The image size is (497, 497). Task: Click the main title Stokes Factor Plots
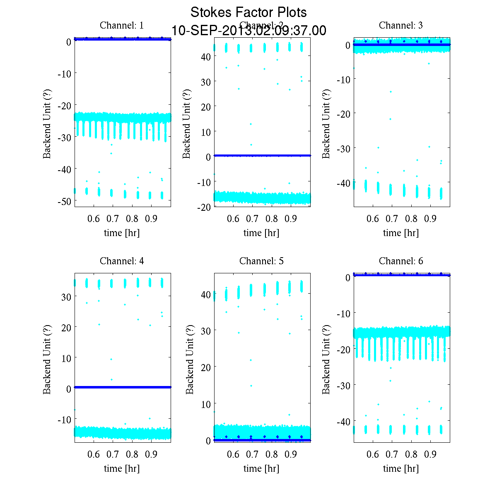click(x=248, y=12)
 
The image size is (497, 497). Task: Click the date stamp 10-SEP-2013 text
click(x=248, y=31)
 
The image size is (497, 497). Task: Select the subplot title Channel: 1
click(x=122, y=25)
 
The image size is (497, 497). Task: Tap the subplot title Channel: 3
click(x=401, y=25)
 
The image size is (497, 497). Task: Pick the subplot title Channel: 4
click(x=122, y=261)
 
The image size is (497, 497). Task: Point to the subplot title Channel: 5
click(x=261, y=261)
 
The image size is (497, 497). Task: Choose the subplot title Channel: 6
click(x=401, y=261)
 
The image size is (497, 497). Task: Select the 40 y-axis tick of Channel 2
click(x=206, y=57)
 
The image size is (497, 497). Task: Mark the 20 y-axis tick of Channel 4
click(x=66, y=327)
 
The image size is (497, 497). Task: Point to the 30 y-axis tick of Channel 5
click(x=206, y=331)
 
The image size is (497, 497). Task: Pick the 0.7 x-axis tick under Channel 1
click(x=113, y=219)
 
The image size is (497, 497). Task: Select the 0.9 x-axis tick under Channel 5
click(x=291, y=454)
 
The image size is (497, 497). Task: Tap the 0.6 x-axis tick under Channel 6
click(x=373, y=454)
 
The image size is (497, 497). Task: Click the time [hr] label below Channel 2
click(x=261, y=233)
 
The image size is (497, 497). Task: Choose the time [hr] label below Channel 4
click(x=122, y=468)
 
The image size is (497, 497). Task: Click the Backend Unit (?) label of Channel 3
click(x=326, y=123)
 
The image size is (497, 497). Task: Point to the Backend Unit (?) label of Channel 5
click(x=190, y=359)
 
